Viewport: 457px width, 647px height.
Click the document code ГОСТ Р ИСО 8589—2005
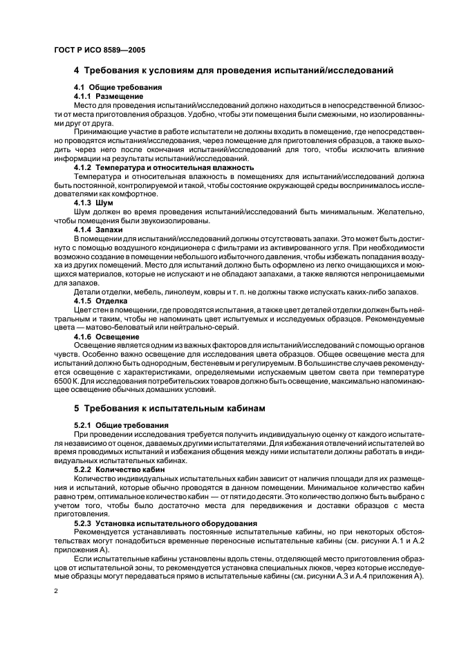[x=100, y=50]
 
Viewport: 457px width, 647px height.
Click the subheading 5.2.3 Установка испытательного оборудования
[x=165, y=523]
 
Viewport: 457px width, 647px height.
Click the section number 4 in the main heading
[x=77, y=70]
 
